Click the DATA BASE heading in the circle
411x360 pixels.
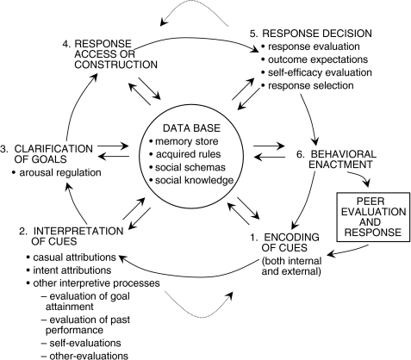191,127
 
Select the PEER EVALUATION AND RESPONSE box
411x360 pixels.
373,217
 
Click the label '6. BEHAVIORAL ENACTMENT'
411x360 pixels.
336,159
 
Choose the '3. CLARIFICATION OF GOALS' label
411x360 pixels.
47,154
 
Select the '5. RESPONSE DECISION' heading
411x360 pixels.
310,34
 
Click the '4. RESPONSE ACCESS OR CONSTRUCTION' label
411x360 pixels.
110,54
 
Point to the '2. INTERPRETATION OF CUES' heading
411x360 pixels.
72,236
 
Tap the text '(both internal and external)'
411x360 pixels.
291,266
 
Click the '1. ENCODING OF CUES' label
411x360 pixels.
284,243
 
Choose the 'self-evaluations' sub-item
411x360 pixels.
81,343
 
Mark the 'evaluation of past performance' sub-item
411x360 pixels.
85,325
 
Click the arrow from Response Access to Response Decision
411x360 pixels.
196,39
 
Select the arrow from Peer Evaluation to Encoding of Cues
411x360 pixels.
348,251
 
